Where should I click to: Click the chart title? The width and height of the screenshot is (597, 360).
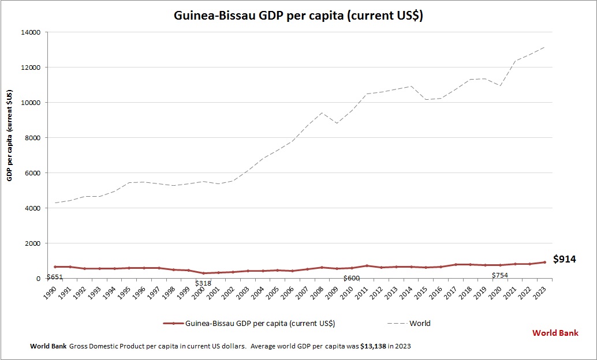pyautogui.click(x=298, y=16)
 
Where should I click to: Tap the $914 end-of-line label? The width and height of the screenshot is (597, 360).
pyautogui.click(x=564, y=260)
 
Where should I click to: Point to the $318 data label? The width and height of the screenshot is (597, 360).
pyautogui.click(x=203, y=283)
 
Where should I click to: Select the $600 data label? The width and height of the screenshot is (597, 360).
pyautogui.click(x=351, y=278)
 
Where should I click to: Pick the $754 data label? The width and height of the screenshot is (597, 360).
pyautogui.click(x=500, y=275)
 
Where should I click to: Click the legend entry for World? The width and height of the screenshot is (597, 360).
pyautogui.click(x=419, y=323)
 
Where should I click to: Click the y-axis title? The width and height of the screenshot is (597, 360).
pyautogui.click(x=10, y=136)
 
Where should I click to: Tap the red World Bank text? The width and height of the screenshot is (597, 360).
pyautogui.click(x=555, y=333)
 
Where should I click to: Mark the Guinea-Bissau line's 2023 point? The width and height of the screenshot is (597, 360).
pyautogui.click(x=544, y=262)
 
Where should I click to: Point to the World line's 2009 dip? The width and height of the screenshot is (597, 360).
pyautogui.click(x=337, y=123)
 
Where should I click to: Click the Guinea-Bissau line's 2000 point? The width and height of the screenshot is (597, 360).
pyautogui.click(x=203, y=273)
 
